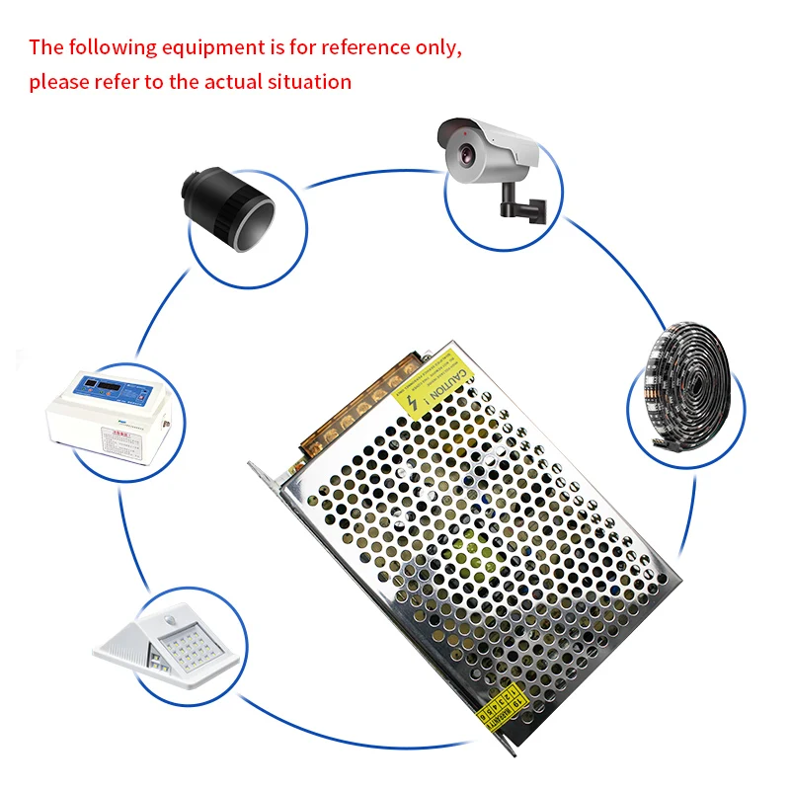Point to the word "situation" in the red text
[x=309, y=81]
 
